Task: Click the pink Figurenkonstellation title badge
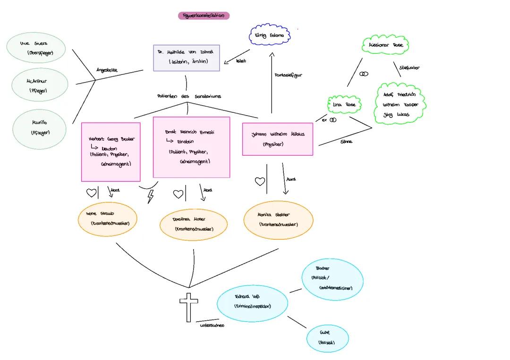coord(204,16)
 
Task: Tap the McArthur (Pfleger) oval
coord(40,85)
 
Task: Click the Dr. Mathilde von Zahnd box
coord(187,58)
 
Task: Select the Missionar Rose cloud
coord(386,46)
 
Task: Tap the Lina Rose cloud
coord(344,105)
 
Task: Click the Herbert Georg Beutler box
coord(111,151)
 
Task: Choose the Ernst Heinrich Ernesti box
coord(191,147)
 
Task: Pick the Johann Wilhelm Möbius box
coord(278,139)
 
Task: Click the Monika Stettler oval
coord(278,219)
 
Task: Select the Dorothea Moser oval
coord(193,224)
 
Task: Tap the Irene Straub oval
coord(108,218)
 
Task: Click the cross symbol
coord(189,307)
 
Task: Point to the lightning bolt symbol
coord(151,196)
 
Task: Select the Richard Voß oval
coord(252,303)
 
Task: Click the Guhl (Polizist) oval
coord(327,338)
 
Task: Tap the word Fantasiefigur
coord(288,75)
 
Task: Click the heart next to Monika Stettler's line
coord(260,181)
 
